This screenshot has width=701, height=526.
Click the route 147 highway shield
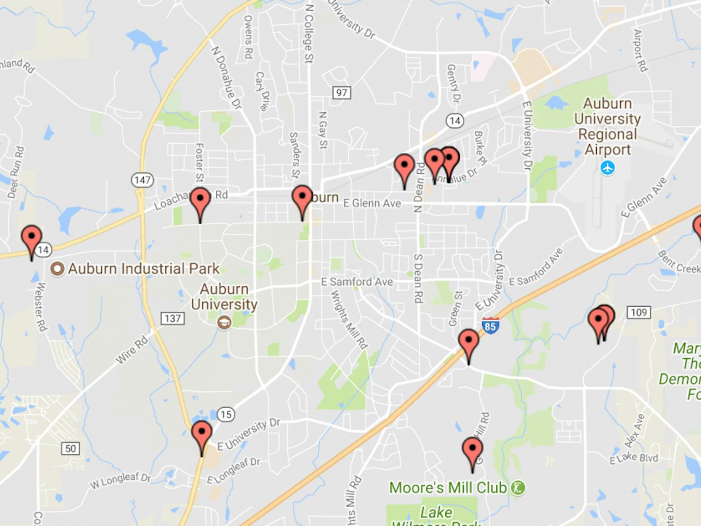coord(142,180)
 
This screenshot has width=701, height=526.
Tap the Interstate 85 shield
coord(490,325)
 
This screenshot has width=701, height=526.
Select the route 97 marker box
coord(342,93)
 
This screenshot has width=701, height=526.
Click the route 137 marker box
coord(172,318)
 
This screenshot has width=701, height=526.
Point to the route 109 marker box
coord(638,312)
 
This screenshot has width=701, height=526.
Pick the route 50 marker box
coord(70,448)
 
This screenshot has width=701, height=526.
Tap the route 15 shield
coord(226,414)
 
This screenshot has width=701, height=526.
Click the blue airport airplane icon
coord(608,167)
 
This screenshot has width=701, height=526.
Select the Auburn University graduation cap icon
coord(224,322)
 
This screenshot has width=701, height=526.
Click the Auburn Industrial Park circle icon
coord(57,269)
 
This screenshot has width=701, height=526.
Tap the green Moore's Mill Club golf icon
coord(518,488)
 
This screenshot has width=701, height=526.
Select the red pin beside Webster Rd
coord(32,238)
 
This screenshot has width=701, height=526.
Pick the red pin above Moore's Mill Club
coord(472,450)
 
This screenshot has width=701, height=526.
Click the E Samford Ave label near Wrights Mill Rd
coord(357,282)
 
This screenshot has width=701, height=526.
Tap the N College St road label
coord(309,33)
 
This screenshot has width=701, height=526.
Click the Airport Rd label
coord(640,50)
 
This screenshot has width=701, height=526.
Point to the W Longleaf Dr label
coord(120,481)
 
